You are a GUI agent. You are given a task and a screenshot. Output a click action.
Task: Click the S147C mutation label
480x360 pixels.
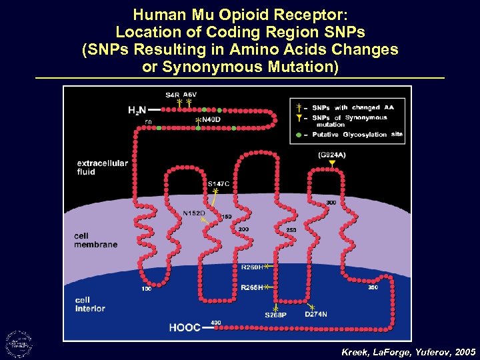pos(219,183)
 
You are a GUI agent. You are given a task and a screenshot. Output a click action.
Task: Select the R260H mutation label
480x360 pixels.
pos(251,267)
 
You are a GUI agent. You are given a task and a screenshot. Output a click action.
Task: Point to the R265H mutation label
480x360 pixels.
pos(251,287)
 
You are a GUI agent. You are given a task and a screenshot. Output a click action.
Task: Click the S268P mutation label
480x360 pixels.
pos(275,315)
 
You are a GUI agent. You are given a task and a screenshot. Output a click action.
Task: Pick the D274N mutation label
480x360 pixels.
pos(315,313)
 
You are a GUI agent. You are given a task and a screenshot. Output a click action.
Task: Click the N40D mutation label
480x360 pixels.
pos(211,119)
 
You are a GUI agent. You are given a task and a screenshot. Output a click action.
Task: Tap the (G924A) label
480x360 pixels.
pos(332,155)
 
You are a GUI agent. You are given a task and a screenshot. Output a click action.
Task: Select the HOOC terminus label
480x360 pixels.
pos(185,328)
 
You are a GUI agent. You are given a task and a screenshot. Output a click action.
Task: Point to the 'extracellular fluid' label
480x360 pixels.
pos(103,167)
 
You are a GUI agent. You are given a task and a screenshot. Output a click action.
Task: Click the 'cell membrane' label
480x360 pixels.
pos(96,240)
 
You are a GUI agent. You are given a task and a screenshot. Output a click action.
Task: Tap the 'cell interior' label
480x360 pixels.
pos(91,304)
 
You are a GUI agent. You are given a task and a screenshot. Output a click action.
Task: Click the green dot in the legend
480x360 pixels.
pos(298,135)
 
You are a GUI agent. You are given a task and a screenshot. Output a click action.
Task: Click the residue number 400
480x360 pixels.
pos(216,323)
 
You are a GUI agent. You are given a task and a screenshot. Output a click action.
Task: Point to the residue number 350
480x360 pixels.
pos(373,288)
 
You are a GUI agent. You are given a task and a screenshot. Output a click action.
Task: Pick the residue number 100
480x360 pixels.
pos(145,289)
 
